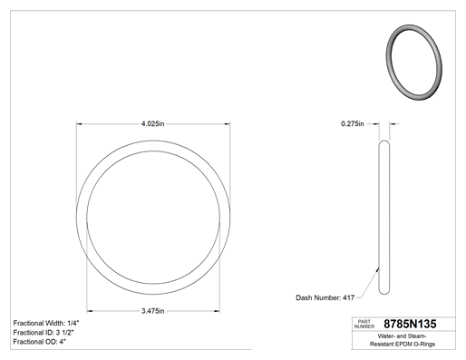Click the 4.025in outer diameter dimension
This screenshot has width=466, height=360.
click(x=152, y=123)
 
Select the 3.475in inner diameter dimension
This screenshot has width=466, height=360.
click(x=153, y=311)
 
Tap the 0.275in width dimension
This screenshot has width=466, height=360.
click(x=353, y=123)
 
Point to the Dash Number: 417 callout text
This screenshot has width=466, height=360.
click(x=325, y=297)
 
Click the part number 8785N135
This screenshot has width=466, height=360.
click(x=410, y=324)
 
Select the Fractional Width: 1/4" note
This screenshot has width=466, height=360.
click(x=46, y=323)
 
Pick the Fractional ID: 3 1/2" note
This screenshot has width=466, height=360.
click(x=44, y=333)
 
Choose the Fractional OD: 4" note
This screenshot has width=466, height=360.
click(x=40, y=342)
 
